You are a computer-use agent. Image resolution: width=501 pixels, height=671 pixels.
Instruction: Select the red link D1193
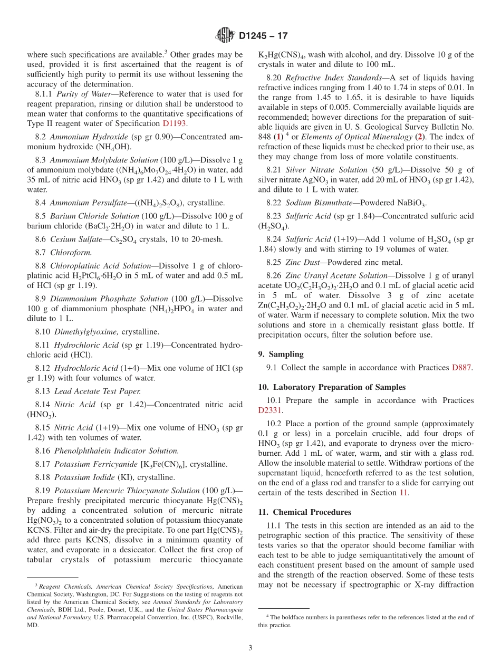175,123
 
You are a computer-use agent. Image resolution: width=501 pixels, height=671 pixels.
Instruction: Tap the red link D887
463,368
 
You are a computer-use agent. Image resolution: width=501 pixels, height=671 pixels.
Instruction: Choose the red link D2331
271,410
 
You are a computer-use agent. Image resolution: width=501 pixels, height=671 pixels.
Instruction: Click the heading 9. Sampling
281,354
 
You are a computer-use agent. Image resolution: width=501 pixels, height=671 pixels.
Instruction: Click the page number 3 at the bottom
250,648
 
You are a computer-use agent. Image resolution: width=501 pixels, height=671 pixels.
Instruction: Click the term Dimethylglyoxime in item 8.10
85,332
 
